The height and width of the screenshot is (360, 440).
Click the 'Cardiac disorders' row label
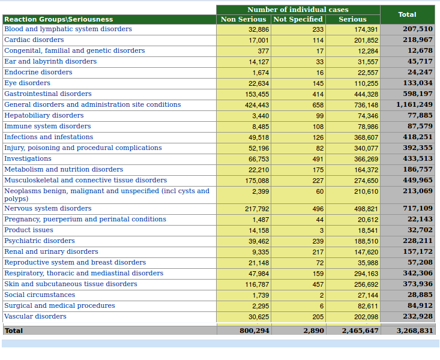point(34,40)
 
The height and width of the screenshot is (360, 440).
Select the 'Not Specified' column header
point(298,19)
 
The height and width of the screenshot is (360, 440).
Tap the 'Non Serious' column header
point(244,19)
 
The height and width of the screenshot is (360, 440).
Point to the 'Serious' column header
point(352,19)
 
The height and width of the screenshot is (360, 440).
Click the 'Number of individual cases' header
point(298,10)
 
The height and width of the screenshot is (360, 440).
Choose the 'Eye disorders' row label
point(28,83)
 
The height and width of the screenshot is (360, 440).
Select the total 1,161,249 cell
point(414,104)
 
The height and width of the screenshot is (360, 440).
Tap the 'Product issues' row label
point(29,230)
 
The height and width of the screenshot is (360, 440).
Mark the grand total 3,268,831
point(414,331)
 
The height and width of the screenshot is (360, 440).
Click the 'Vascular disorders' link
point(35,317)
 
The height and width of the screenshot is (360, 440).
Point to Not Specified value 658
point(318,105)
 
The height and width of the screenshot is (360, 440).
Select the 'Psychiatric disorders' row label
point(40,241)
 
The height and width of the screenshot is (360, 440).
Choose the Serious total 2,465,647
point(360,331)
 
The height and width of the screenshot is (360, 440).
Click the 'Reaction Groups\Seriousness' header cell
point(58,19)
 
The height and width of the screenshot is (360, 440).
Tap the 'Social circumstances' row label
point(40,295)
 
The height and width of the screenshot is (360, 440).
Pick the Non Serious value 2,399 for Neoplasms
point(261,191)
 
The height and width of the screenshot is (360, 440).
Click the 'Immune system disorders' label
point(47,127)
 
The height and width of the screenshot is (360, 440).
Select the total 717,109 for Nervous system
point(418,209)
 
